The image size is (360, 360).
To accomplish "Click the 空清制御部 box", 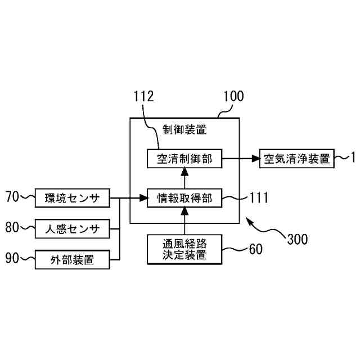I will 184,159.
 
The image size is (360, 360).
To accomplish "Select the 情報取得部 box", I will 184,198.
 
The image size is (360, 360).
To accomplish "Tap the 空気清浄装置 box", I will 296,159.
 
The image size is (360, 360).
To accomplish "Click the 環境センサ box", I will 72,198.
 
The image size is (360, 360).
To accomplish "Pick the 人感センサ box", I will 72,228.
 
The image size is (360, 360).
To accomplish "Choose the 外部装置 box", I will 72,259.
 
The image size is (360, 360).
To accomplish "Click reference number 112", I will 143,96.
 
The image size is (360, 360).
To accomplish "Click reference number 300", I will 297,239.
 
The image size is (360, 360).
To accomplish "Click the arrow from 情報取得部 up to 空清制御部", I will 184,178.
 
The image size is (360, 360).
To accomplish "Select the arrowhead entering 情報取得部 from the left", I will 143,198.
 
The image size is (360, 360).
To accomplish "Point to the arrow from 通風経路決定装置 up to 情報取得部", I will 184,221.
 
